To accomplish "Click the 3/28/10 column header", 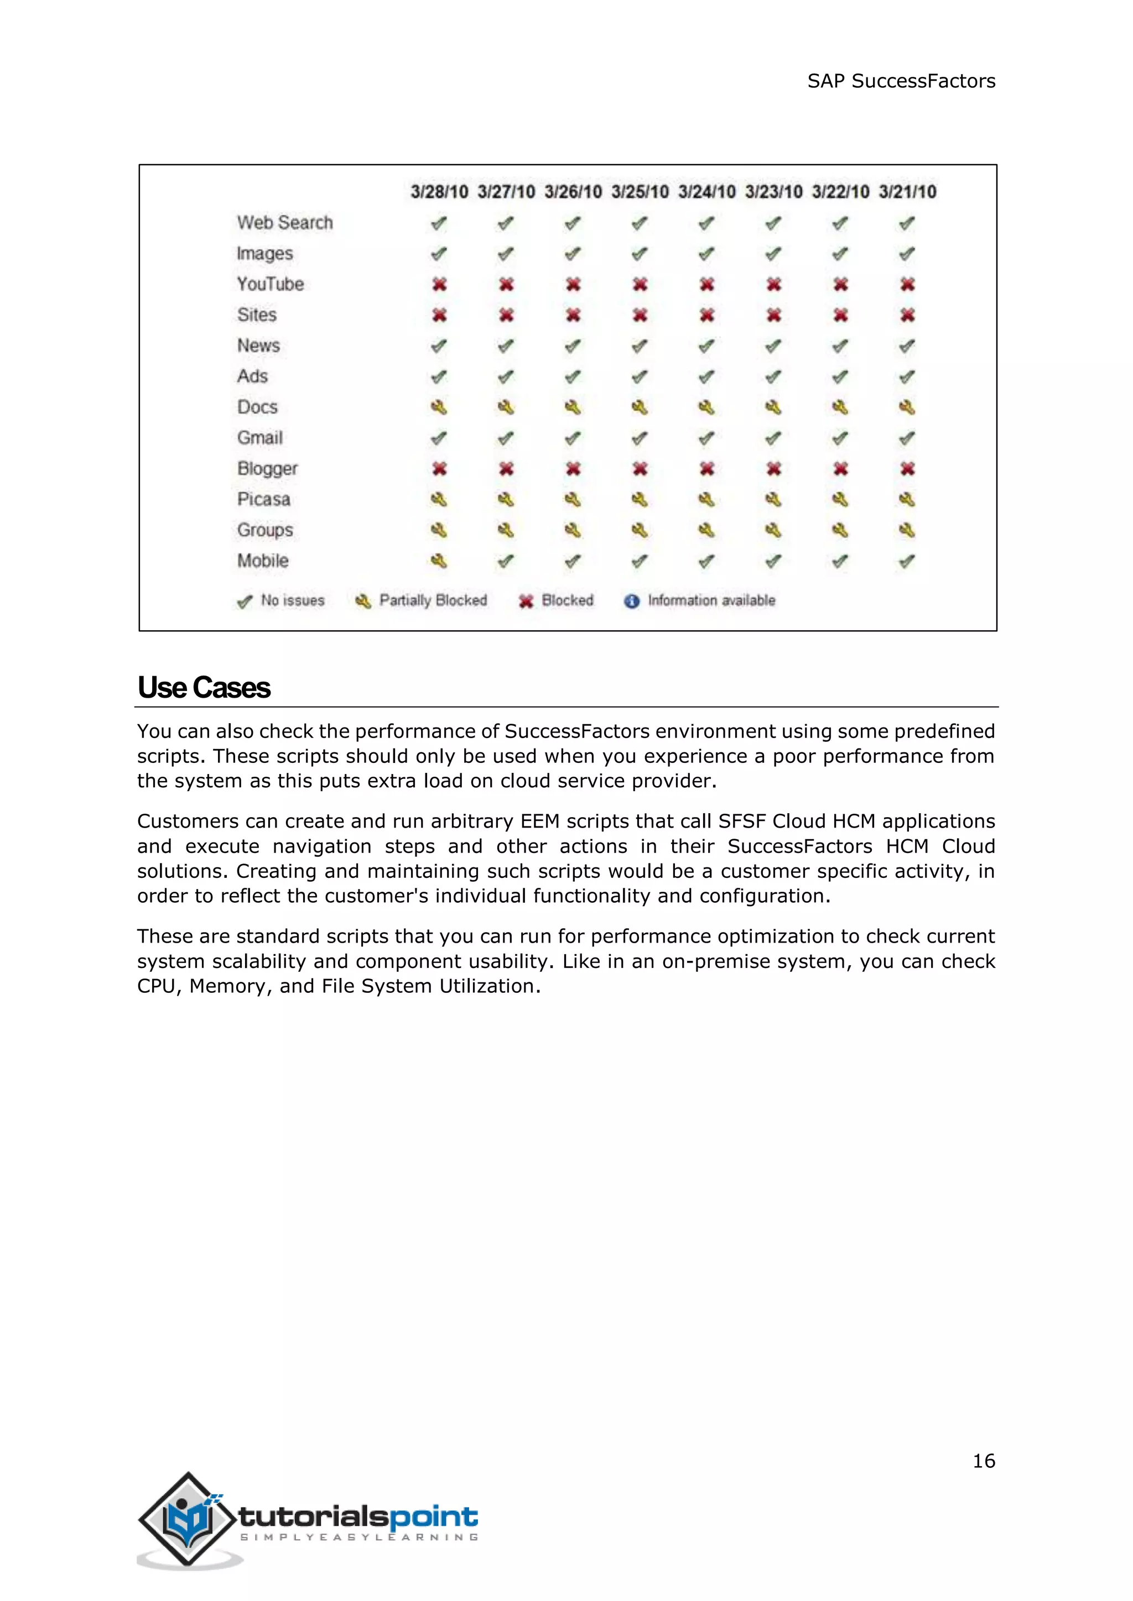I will [439, 192].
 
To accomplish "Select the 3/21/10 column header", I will [907, 192].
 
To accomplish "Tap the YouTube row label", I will [270, 285].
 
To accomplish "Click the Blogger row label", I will [267, 469].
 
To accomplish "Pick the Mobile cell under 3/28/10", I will [439, 561].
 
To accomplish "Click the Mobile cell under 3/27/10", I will [506, 561].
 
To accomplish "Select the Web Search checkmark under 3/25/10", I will [639, 224].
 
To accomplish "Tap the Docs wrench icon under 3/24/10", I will [706, 407].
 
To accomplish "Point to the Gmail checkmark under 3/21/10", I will [907, 438].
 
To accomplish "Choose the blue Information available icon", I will [631, 601].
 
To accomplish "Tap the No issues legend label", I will [292, 600].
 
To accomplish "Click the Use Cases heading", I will [204, 688].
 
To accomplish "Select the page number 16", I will [984, 1461].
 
